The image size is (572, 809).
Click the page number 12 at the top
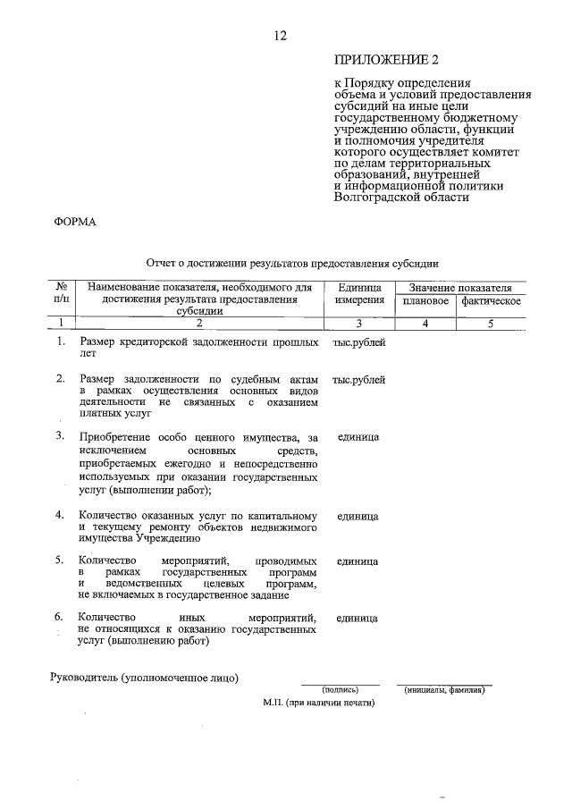[280, 36]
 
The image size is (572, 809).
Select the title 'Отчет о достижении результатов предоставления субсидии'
[292, 264]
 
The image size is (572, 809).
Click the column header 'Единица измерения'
[360, 294]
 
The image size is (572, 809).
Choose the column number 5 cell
[491, 323]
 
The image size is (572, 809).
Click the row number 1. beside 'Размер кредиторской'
[60, 342]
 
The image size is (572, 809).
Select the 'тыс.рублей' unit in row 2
[358, 380]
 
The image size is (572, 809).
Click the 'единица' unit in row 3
[358, 437]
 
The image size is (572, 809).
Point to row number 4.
[60, 516]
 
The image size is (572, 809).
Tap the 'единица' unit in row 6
[357, 618]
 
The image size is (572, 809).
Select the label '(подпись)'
[340, 689]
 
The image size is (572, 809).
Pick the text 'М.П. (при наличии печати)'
[319, 703]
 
